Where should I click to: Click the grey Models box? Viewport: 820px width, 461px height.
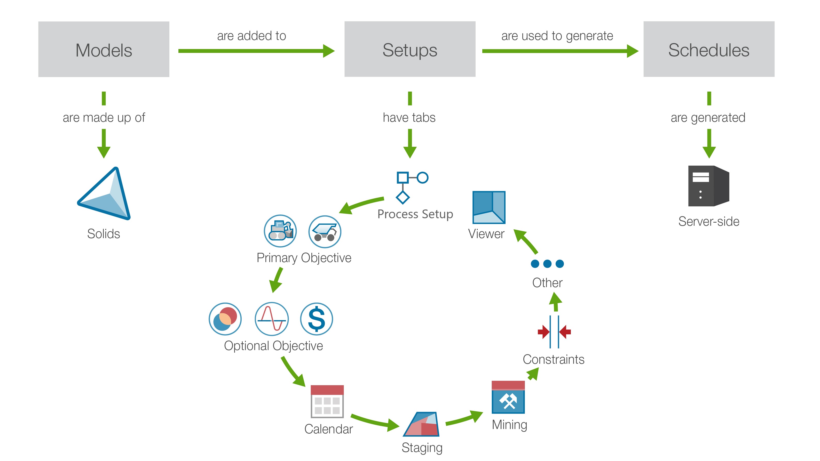[x=104, y=49]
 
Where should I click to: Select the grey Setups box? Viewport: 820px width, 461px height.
[x=410, y=49]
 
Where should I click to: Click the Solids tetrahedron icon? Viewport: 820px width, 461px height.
[x=105, y=194]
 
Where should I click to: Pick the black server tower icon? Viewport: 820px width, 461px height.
[x=708, y=186]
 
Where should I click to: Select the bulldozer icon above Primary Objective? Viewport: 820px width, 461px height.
[x=280, y=231]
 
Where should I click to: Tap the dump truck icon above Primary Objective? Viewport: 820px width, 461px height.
[x=325, y=232]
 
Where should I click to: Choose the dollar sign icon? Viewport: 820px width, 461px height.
[x=317, y=319]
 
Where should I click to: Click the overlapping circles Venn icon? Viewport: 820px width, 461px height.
[x=225, y=319]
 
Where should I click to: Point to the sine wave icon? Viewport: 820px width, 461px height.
[x=272, y=319]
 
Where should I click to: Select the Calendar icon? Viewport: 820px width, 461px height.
[x=327, y=401]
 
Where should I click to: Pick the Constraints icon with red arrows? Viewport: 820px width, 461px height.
[x=554, y=332]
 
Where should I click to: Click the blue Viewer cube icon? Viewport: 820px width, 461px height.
[x=489, y=207]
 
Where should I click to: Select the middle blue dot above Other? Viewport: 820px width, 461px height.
[x=547, y=264]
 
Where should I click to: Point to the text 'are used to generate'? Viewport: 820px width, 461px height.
[x=557, y=36]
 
